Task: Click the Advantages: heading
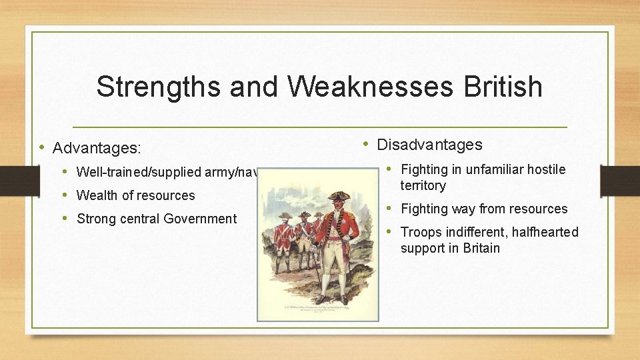(x=98, y=147)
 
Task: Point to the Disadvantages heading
(x=429, y=145)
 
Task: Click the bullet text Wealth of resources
(x=135, y=195)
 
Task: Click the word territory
(x=423, y=185)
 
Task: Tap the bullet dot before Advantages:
(x=42, y=147)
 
